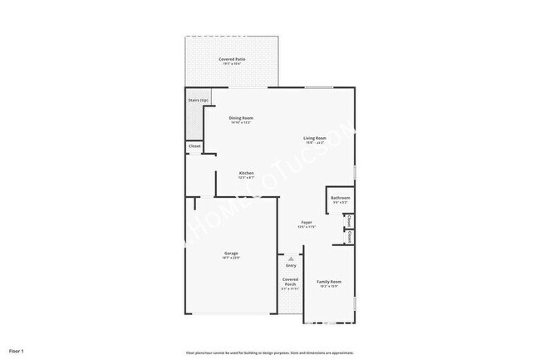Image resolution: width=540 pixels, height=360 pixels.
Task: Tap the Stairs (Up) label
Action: pyautogui.click(x=198, y=100)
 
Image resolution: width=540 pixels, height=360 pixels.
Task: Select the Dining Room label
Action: pyautogui.click(x=241, y=118)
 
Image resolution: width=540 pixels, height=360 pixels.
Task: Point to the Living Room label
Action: pyautogui.click(x=314, y=138)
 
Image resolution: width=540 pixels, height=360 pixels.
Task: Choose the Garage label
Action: pyautogui.click(x=231, y=253)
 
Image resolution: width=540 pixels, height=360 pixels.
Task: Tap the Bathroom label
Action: pyautogui.click(x=341, y=198)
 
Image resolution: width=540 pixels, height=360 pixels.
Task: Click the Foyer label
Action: pyautogui.click(x=307, y=222)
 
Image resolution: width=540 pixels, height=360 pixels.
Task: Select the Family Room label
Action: pyautogui.click(x=330, y=282)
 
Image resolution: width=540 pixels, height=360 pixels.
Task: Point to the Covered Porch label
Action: pyautogui.click(x=290, y=282)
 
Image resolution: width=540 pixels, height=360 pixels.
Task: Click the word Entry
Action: pyautogui.click(x=290, y=265)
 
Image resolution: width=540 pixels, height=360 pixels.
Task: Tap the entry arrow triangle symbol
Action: pyautogui.click(x=290, y=259)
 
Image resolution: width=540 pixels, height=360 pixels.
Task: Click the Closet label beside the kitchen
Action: pyautogui.click(x=194, y=146)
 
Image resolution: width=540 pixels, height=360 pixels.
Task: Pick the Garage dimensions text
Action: pyautogui.click(x=231, y=258)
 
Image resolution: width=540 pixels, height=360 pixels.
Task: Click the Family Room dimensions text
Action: pyautogui.click(x=330, y=287)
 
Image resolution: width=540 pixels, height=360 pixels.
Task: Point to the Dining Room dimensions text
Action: pyautogui.click(x=241, y=123)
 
